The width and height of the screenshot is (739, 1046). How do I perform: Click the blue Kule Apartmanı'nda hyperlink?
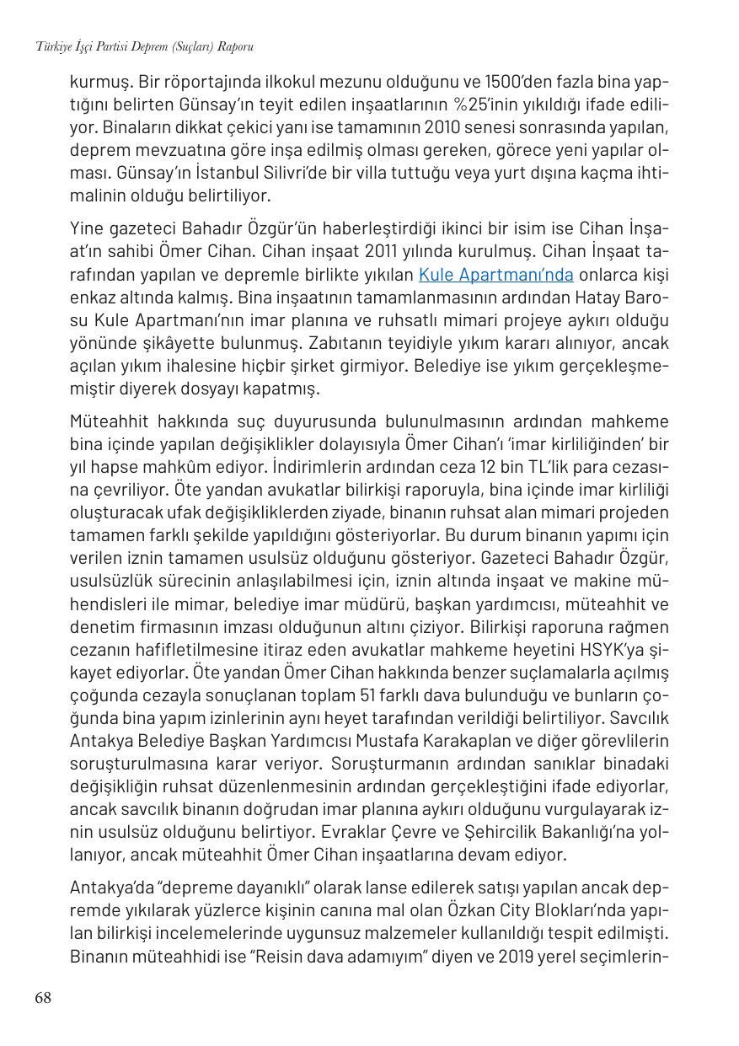[495, 275]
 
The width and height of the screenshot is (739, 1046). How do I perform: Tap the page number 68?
[43, 998]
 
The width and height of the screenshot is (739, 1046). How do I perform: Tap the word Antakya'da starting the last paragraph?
[107, 888]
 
